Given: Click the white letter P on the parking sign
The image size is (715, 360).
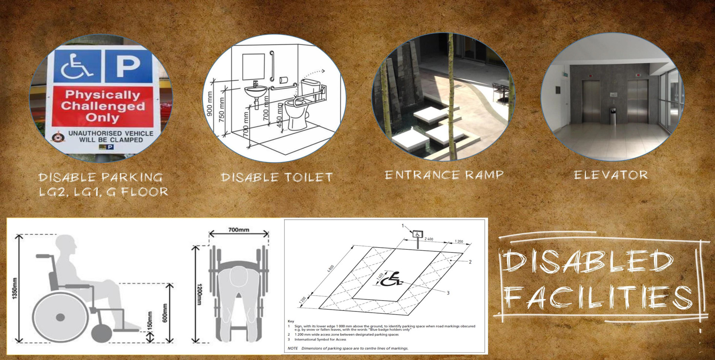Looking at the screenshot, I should coord(128,66).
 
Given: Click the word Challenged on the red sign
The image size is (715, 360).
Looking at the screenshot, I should coord(103,106).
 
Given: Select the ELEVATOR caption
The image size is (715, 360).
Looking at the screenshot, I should coord(611,175).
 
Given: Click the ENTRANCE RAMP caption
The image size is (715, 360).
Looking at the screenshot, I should coord(444,175).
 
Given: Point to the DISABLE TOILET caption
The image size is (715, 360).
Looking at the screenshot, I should coord(277,177).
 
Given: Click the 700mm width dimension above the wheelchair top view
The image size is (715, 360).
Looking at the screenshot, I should coord(239,230).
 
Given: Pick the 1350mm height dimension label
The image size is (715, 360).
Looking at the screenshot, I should coord(15,289).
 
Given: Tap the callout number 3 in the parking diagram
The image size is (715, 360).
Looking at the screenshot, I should coord(448,293).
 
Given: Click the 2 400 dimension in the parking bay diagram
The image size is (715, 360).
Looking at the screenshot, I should coord(429,239).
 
